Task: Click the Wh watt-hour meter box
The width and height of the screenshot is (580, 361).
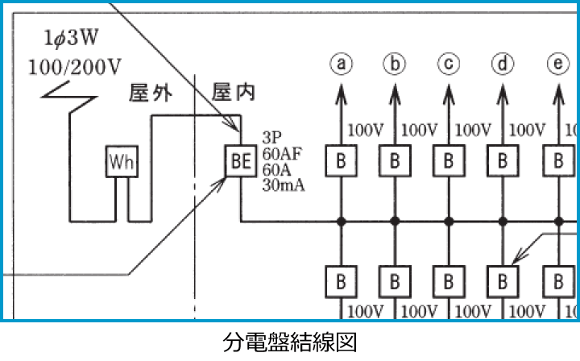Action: tap(122, 162)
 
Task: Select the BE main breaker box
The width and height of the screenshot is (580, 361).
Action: tap(240, 162)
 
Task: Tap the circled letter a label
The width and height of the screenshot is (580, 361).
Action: tap(342, 63)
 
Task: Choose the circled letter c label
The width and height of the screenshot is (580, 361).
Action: tap(449, 63)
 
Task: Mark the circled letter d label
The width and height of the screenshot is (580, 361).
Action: tap(503, 63)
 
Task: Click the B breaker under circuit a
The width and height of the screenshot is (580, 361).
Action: tap(342, 160)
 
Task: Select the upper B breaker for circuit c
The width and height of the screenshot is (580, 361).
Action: tap(449, 160)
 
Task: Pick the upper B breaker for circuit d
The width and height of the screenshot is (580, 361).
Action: tap(503, 160)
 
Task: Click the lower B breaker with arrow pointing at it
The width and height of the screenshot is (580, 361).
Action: tap(503, 281)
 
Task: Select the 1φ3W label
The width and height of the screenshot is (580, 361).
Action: tap(59, 38)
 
